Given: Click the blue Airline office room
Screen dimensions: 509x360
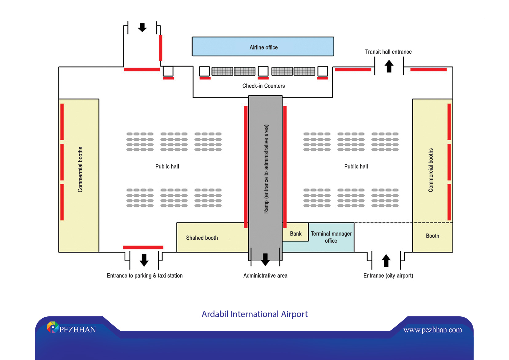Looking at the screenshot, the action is point(263,46).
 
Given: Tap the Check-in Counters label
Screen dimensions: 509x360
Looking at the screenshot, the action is point(263,86).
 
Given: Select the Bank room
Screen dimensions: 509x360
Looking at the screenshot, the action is point(295,232).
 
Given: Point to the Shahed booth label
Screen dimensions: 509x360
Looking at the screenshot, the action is point(202,238).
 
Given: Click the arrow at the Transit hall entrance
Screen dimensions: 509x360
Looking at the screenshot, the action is point(389,66).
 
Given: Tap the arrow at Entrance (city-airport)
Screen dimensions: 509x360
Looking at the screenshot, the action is point(386,261).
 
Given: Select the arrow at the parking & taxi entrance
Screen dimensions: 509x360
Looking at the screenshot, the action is point(144,260).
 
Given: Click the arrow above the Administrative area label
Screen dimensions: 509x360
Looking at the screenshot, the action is point(265,259).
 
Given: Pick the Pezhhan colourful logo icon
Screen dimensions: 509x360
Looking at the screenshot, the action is point(53,327).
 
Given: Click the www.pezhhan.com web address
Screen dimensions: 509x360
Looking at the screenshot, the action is point(432,330).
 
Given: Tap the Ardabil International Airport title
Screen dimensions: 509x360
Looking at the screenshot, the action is point(254,314).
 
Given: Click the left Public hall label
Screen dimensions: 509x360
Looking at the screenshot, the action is point(167,166).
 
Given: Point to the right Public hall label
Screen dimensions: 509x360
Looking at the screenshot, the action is point(356,166).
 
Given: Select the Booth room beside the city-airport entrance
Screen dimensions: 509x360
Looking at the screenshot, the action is point(432,237).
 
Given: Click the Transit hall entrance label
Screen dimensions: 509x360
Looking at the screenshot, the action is point(388,52).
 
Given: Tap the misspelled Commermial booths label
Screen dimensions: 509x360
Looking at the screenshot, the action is point(80,170).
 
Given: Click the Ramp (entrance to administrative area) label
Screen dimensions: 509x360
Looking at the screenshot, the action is point(266,169).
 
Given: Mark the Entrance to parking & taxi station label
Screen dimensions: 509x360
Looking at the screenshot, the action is point(145,275).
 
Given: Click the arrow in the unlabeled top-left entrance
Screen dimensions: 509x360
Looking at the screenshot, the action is point(142,27).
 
